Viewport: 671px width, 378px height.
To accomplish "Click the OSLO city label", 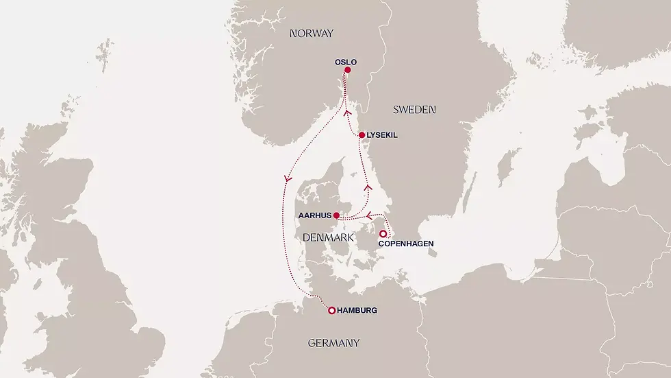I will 346,62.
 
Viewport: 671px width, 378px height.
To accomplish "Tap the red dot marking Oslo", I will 348,70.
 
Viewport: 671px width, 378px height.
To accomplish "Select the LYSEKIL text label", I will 382,136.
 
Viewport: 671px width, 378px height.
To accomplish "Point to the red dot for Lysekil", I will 362,135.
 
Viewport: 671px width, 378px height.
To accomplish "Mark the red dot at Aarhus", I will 336,215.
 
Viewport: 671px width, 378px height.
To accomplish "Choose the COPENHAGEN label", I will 405,243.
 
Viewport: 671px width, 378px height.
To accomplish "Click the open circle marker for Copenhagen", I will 383,234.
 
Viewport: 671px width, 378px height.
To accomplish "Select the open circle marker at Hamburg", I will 332,311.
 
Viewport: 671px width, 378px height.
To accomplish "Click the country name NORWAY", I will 311,33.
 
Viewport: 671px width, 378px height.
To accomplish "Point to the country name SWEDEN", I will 414,110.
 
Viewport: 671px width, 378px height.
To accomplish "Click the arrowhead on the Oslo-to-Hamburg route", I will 288,178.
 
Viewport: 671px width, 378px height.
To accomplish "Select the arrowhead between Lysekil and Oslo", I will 347,113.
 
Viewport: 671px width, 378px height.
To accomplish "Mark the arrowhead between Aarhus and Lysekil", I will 368,186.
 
